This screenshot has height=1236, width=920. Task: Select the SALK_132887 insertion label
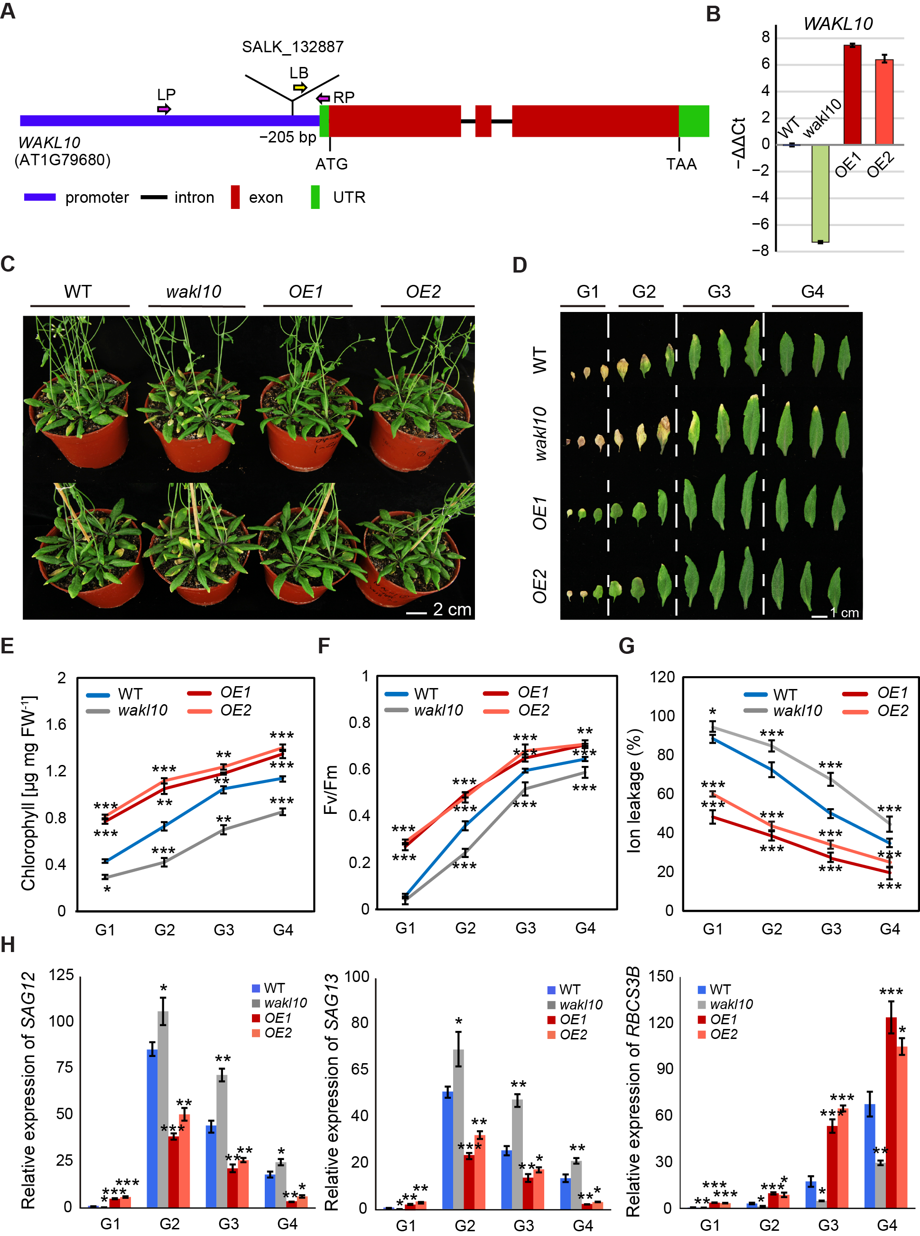[x=292, y=47]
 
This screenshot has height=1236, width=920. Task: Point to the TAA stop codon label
[x=681, y=164]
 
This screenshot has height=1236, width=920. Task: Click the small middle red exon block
[x=483, y=121]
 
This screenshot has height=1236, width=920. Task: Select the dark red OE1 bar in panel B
[x=852, y=95]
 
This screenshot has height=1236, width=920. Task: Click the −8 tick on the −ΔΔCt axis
[x=761, y=251]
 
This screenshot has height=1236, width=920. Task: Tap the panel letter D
[x=520, y=265]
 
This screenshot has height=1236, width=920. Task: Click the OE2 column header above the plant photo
[x=423, y=292]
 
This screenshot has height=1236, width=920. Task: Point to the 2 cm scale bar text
[x=452, y=610]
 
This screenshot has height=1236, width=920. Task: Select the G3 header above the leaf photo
[x=719, y=292]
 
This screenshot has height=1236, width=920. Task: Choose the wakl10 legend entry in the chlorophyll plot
[x=142, y=710]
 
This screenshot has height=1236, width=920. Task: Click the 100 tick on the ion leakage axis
[x=662, y=716]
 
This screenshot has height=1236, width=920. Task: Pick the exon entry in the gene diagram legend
[x=266, y=198]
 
